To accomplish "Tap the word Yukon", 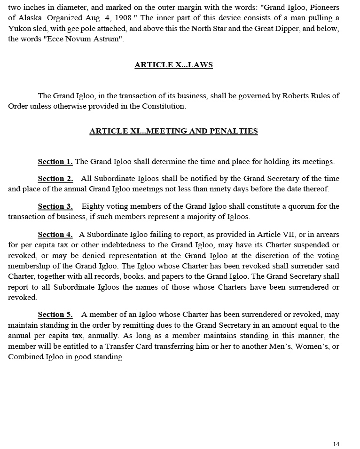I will point(19,29).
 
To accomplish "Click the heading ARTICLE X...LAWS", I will point(173,65).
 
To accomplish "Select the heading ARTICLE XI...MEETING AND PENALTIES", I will point(173,131).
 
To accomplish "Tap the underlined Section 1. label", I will point(55,162).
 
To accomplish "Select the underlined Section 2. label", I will point(55,179).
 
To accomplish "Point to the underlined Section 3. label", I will point(55,206).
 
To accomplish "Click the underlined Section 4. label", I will point(55,235).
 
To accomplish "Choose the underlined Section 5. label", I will point(55,315).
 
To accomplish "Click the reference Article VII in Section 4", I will point(280,235).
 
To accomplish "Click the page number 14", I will point(336,444).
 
